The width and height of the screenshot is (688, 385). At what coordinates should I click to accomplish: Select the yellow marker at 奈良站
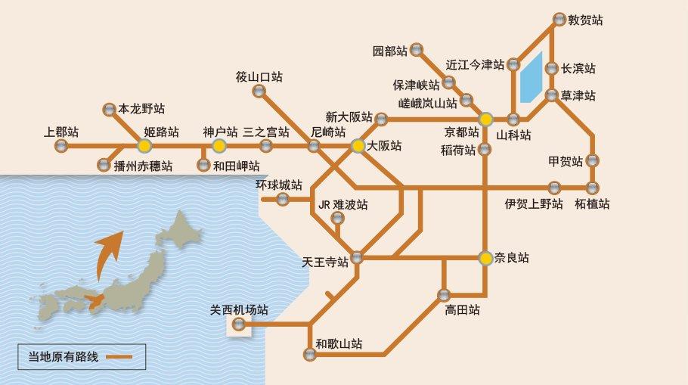[486, 258]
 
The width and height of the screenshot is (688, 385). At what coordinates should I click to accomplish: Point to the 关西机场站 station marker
[239, 324]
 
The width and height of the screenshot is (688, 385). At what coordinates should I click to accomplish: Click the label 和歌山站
[339, 344]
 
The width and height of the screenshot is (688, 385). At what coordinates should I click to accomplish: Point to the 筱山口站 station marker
[259, 92]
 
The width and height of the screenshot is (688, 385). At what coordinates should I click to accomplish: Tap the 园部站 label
[390, 51]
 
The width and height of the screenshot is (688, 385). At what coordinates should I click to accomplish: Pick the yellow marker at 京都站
[486, 119]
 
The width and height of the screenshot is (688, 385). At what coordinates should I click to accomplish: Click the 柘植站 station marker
[592, 187]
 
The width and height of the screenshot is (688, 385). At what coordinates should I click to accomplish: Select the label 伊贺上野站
[535, 204]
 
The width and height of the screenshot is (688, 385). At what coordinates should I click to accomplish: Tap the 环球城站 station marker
[283, 200]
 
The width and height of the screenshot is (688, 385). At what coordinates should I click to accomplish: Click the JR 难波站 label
[343, 204]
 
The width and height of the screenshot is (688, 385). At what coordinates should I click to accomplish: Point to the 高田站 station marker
[444, 295]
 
